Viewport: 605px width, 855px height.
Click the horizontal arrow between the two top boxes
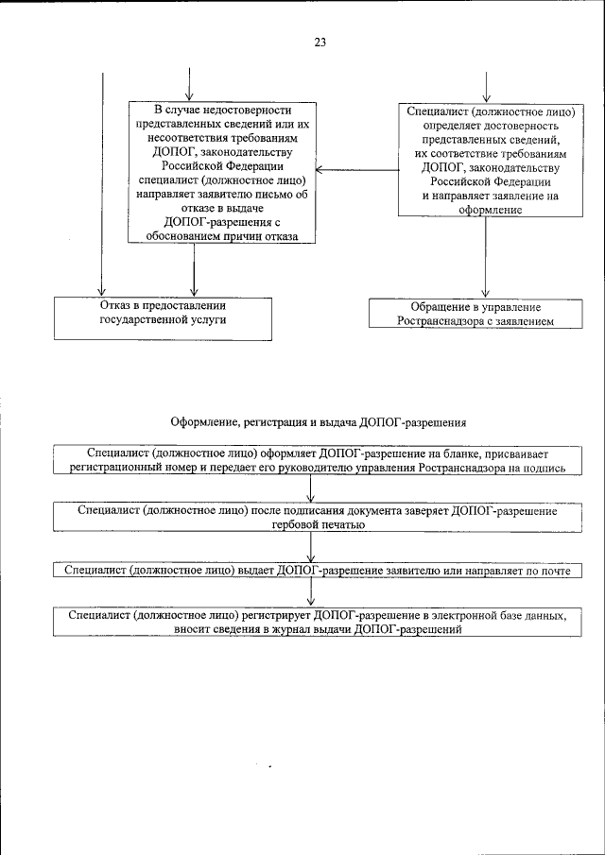pos(355,171)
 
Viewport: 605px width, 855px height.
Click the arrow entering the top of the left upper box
pos(190,85)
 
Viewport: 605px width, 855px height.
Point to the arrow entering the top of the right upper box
pos(486,85)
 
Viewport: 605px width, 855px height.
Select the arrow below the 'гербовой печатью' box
pos(312,547)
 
